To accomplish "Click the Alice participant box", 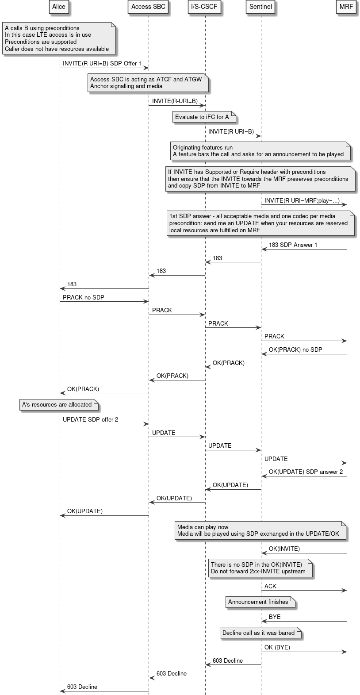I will [x=59, y=7].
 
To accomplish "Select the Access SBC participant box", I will [x=148, y=7].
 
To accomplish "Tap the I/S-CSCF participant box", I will [x=204, y=7].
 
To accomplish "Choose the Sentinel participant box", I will [x=260, y=7].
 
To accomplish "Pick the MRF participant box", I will [x=346, y=7].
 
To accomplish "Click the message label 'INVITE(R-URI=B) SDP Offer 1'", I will [x=102, y=63].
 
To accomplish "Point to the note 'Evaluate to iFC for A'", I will [x=202, y=117].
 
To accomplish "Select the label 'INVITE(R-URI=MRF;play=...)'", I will [x=302, y=201].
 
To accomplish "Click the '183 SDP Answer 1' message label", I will [x=293, y=245].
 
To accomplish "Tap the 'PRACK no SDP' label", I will [x=84, y=297].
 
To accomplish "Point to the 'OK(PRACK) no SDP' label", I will [x=295, y=349].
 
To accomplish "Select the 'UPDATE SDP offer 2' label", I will [x=90, y=419].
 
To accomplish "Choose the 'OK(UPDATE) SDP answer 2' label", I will [x=306, y=472].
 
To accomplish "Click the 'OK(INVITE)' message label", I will [x=284, y=549].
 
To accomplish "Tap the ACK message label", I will [x=270, y=586].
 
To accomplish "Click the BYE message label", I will [x=275, y=617].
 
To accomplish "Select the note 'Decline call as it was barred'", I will [x=259, y=633].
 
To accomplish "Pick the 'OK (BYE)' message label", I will [x=277, y=647].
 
